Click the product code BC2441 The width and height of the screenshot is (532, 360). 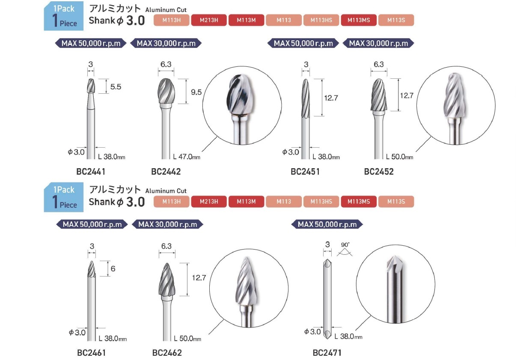pos(91,172)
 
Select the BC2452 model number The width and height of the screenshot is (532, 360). pos(379,172)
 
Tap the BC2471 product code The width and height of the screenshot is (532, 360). pos(327,353)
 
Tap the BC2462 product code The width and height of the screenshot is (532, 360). pos(167,353)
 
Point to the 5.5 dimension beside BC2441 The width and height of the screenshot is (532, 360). pos(116,86)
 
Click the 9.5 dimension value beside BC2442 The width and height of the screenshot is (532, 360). pos(196,92)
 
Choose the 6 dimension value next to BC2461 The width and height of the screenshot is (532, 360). pos(113,268)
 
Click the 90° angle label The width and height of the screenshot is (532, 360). pos(345,244)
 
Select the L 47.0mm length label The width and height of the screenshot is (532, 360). pos(187,157)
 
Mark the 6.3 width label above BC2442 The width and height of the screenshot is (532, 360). pos(166,64)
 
